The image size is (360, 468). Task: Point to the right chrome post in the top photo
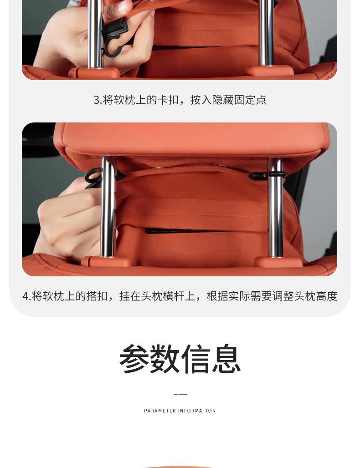click(266, 32)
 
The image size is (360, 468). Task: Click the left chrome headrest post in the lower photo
click(108, 209)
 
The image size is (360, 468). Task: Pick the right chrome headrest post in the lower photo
click(275, 209)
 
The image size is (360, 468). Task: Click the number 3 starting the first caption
click(96, 100)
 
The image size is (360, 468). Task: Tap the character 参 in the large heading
click(134, 359)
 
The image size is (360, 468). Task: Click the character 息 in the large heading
click(226, 359)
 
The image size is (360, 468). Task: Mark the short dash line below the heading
click(180, 394)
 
